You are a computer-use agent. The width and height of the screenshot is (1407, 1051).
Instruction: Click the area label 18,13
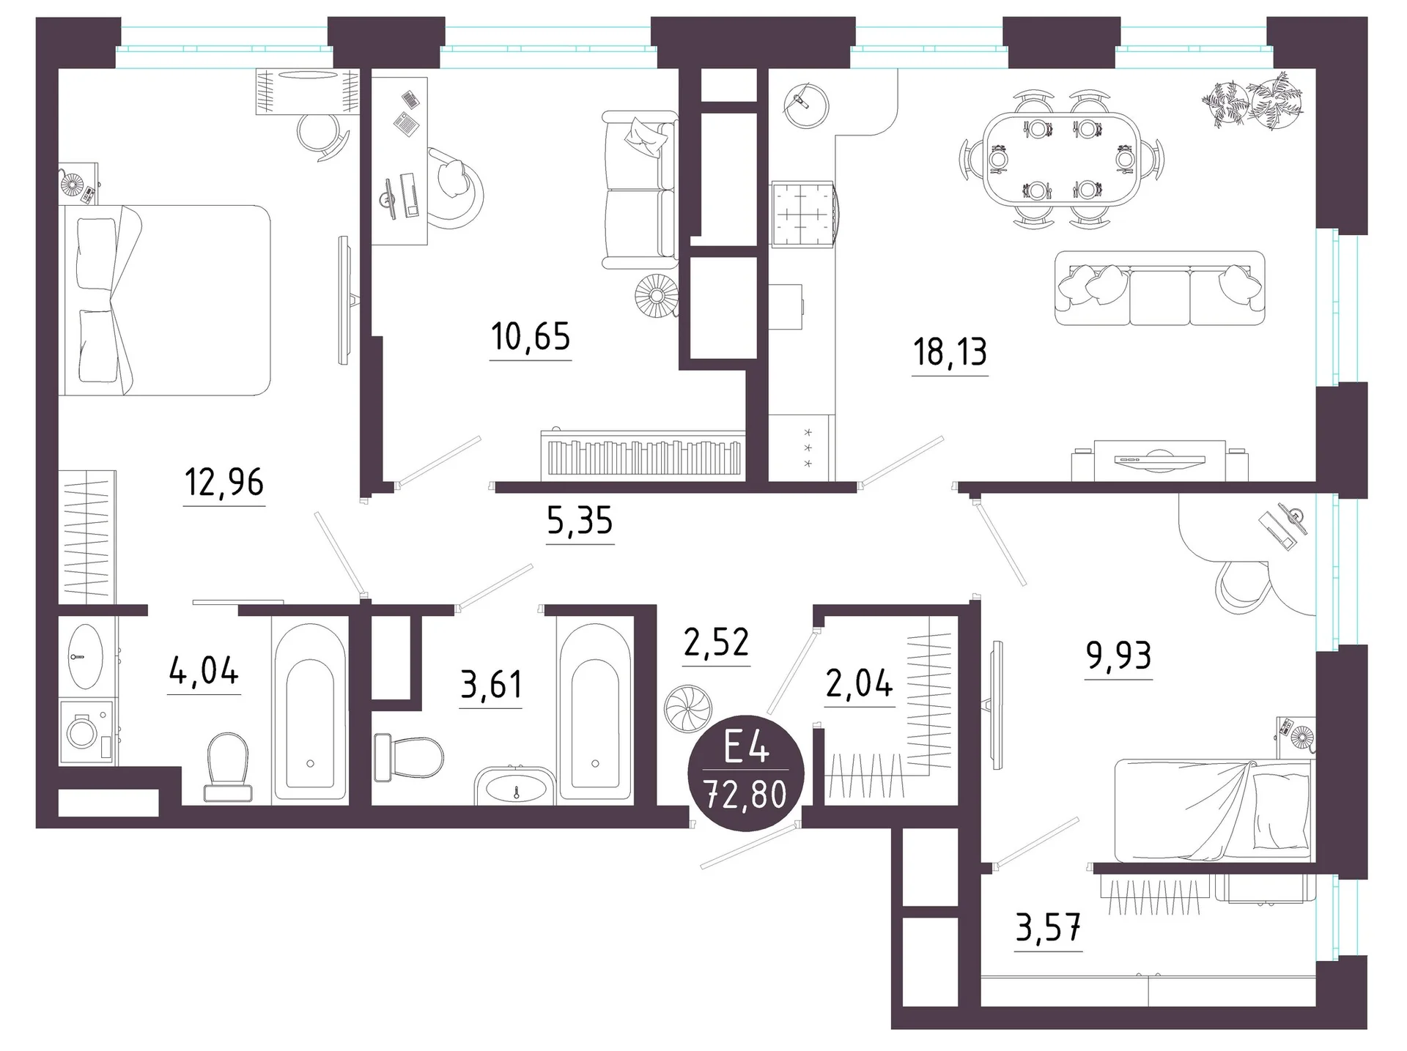pos(950,352)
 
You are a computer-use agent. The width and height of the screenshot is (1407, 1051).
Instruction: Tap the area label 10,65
pos(531,337)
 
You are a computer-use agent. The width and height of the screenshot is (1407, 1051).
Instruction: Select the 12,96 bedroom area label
pos(224,483)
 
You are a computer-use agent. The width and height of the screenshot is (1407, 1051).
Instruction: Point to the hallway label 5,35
pos(580,521)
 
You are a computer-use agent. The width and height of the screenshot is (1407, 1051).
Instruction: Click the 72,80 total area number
pos(745,795)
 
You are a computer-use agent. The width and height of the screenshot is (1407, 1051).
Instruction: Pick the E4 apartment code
pos(746,750)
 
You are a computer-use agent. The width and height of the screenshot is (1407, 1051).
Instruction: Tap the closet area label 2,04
pos(860,684)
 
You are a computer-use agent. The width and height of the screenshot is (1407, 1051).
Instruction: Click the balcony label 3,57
pos(1049,929)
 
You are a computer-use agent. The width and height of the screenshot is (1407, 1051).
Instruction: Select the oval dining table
pos(1061,159)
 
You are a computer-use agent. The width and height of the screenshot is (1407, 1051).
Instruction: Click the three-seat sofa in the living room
pos(1160,288)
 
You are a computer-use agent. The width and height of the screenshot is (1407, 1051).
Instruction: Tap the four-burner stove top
pos(802,214)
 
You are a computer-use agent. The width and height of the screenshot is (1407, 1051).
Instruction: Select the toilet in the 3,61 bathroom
pos(408,758)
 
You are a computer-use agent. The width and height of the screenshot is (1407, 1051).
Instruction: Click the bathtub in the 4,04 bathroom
pos(310,710)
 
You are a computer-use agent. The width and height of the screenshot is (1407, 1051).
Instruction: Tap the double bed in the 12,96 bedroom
pos(165,300)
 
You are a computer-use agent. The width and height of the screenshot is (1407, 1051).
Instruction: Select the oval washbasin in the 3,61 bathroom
pos(516,787)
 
